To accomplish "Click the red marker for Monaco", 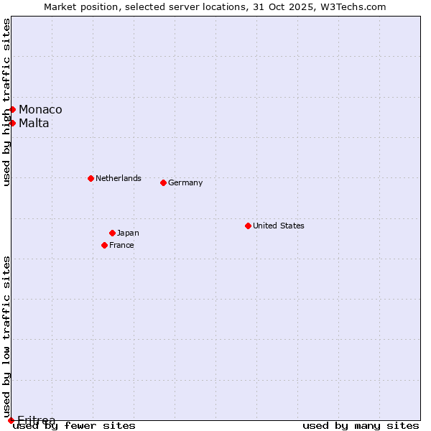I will click(12, 109).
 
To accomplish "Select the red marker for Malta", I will click(12, 123).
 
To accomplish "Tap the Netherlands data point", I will click(91, 178).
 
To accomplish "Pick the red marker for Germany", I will click(163, 182).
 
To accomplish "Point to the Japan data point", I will click(112, 233).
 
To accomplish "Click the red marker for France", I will click(104, 245).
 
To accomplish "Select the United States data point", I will click(248, 226).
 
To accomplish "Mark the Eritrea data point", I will click(11, 420).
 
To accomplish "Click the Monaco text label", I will click(40, 109).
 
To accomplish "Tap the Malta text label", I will click(34, 123).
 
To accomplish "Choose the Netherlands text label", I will click(119, 178).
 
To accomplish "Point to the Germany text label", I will click(185, 182).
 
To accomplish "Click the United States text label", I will click(279, 226).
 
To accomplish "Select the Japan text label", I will click(128, 233).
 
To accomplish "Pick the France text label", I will click(121, 245).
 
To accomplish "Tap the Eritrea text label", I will click(36, 420).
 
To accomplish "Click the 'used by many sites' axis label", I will click(361, 426).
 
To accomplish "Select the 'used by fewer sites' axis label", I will click(74, 426).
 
